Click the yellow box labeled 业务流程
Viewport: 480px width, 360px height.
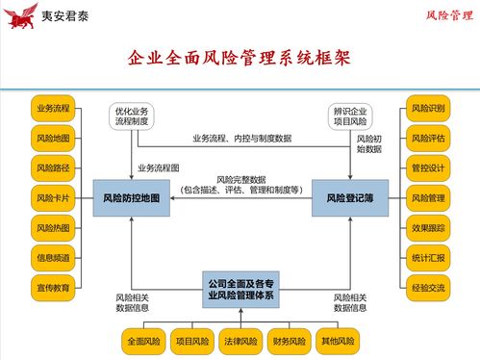coord(53,109)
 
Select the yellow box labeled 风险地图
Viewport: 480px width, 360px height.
coord(53,139)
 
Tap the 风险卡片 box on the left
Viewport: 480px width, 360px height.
coord(53,198)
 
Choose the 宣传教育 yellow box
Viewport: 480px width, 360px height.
coord(53,287)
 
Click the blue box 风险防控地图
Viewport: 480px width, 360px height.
coord(131,199)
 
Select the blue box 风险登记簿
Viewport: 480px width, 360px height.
coord(349,199)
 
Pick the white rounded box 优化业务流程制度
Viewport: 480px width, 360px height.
coord(132,116)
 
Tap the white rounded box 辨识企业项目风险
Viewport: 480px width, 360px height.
coord(350,116)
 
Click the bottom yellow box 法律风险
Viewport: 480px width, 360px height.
coord(240,341)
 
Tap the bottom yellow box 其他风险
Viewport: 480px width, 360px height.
coord(338,341)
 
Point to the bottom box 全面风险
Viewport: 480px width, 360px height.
coord(144,341)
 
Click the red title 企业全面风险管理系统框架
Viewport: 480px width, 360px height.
coord(240,60)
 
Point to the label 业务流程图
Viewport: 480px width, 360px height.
coord(159,167)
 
